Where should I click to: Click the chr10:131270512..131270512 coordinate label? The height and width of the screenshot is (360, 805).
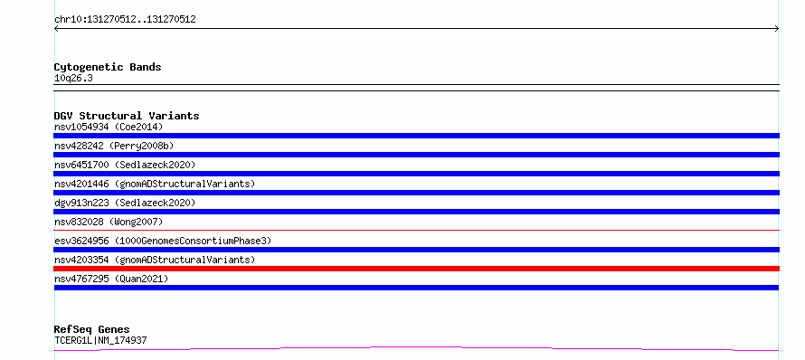pyautogui.click(x=125, y=20)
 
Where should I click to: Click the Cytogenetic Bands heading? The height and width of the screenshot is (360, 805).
pyautogui.click(x=108, y=67)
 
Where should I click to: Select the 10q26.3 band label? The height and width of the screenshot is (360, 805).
pyautogui.click(x=73, y=79)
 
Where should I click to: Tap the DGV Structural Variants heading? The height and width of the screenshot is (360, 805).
pyautogui.click(x=127, y=116)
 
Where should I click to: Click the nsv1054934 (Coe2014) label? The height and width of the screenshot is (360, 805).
pyautogui.click(x=109, y=127)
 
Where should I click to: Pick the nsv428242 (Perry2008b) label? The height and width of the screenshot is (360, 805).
pyautogui.click(x=114, y=146)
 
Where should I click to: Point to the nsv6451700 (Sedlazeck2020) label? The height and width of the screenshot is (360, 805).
pyautogui.click(x=125, y=165)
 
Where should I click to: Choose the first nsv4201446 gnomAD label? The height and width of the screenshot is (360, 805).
pyautogui.click(x=155, y=184)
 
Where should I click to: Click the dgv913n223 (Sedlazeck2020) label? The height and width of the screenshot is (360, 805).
pyautogui.click(x=125, y=203)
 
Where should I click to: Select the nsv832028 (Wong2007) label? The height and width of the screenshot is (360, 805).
pyautogui.click(x=109, y=222)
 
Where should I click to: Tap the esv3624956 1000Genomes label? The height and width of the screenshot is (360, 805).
pyautogui.click(x=163, y=241)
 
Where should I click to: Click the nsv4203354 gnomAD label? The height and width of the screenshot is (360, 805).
pyautogui.click(x=155, y=260)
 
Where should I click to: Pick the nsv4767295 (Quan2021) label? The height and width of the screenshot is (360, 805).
pyautogui.click(x=111, y=279)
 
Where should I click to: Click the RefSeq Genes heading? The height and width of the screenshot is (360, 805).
pyautogui.click(x=92, y=329)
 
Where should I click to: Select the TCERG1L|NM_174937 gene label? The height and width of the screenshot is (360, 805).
pyautogui.click(x=100, y=340)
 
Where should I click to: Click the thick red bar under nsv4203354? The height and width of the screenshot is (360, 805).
pyautogui.click(x=416, y=269)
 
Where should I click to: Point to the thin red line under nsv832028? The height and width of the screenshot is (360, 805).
pyautogui.click(x=416, y=230)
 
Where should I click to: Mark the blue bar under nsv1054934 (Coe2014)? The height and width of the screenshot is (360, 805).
pyautogui.click(x=416, y=136)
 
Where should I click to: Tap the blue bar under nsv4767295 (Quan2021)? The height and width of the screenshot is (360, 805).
pyautogui.click(x=416, y=288)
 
